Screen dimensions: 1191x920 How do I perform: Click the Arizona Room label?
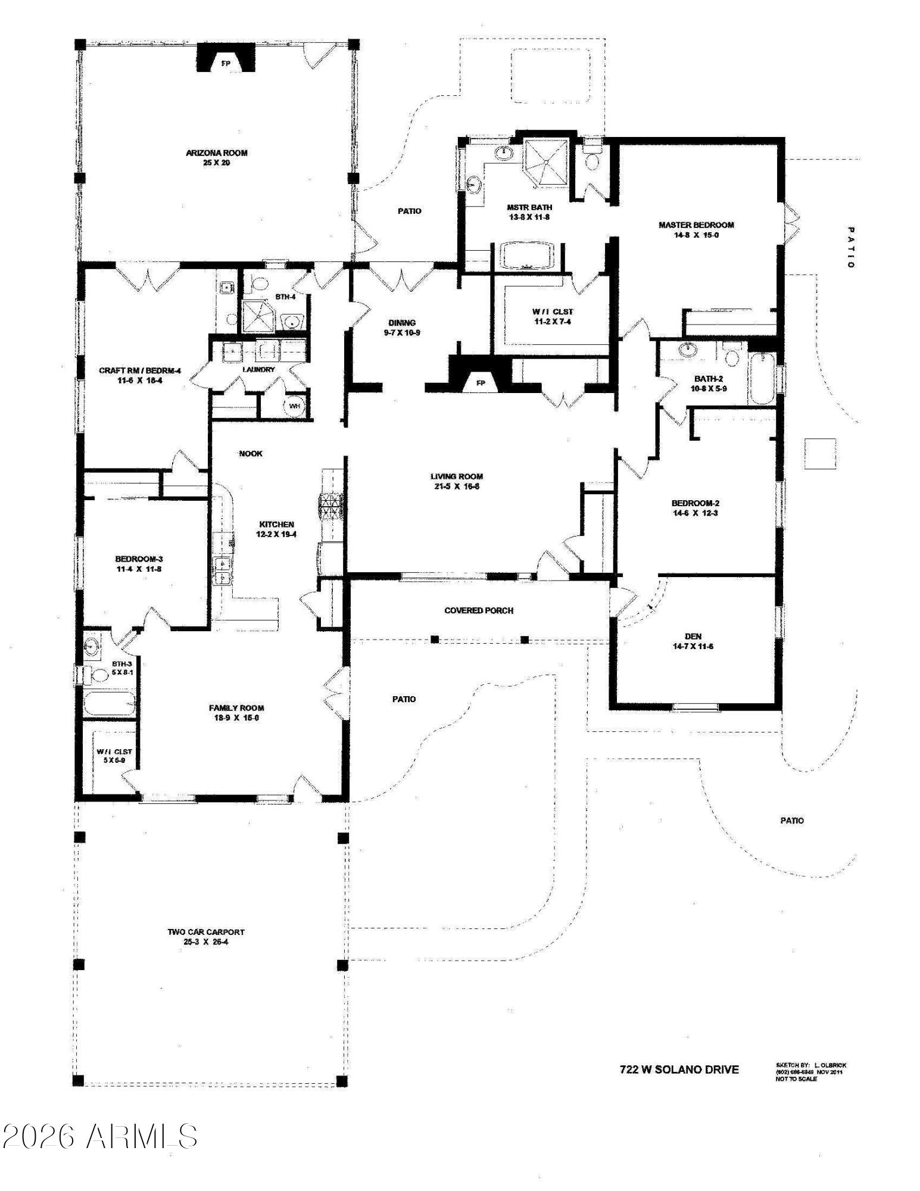point(216,153)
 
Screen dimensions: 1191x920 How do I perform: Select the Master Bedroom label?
point(696,225)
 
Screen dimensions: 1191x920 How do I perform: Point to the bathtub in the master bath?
point(526,255)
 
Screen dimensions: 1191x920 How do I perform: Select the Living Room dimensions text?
point(456,487)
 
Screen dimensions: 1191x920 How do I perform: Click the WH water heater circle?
point(295,406)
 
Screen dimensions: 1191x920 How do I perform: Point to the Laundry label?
point(258,370)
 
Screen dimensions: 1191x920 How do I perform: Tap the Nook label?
point(250,454)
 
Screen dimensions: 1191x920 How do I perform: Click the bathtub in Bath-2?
point(761,379)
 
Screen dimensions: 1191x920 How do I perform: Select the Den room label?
point(693,636)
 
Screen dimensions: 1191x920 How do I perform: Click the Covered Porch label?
point(478,610)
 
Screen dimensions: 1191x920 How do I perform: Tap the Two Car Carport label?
point(205,933)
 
